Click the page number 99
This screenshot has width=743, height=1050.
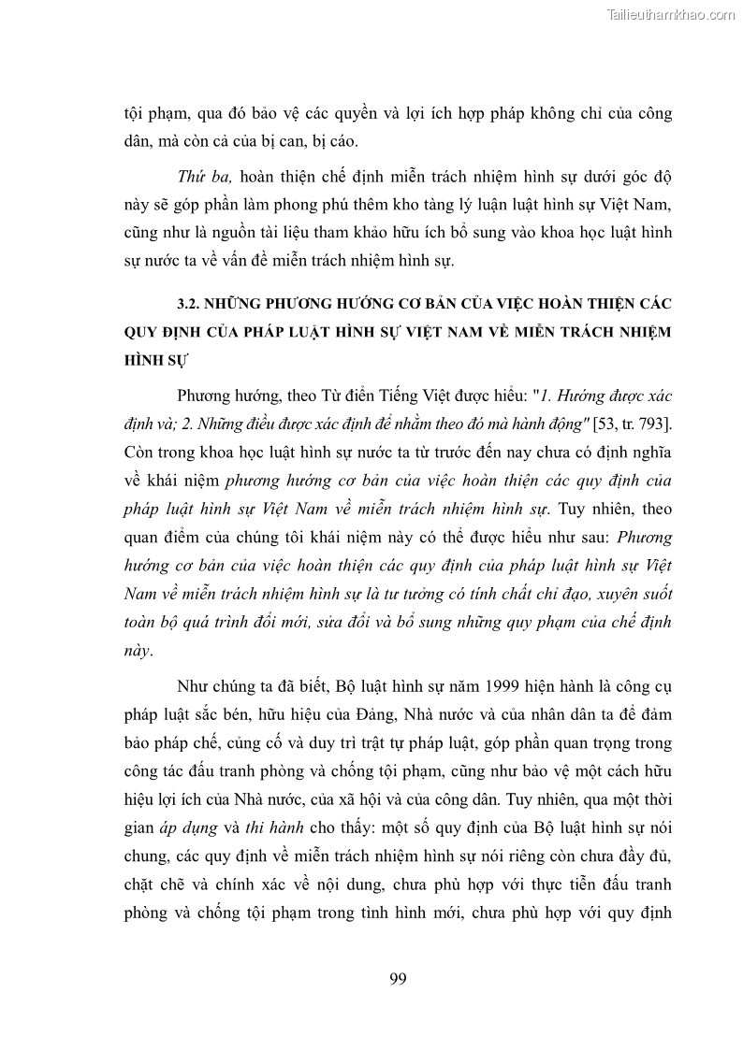(397, 980)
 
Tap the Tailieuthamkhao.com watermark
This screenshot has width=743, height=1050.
(671, 14)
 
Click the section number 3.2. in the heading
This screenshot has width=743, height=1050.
(191, 305)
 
